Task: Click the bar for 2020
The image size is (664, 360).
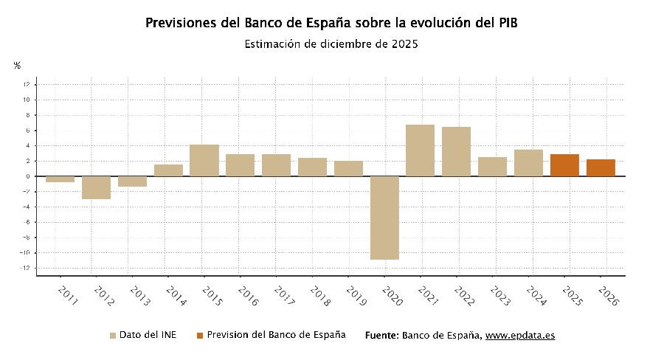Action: pyautogui.click(x=384, y=218)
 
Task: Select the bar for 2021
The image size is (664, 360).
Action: pyautogui.click(x=420, y=150)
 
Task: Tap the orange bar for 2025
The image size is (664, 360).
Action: pyautogui.click(x=564, y=165)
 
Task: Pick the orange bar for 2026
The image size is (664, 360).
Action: pyautogui.click(x=601, y=168)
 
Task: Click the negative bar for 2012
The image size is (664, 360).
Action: pyautogui.click(x=96, y=187)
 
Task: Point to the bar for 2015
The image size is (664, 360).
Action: pyautogui.click(x=204, y=160)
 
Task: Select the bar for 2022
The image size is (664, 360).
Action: pyautogui.click(x=456, y=151)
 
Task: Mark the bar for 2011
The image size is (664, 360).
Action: pyautogui.click(x=60, y=179)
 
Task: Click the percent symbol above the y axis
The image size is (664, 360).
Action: pyautogui.click(x=17, y=66)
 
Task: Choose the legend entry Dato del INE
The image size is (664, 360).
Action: pyautogui.click(x=147, y=335)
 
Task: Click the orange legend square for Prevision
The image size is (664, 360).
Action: pyautogui.click(x=200, y=336)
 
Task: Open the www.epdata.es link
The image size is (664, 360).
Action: pyautogui.click(x=520, y=336)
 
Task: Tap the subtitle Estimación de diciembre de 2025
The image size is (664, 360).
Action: pyautogui.click(x=331, y=44)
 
